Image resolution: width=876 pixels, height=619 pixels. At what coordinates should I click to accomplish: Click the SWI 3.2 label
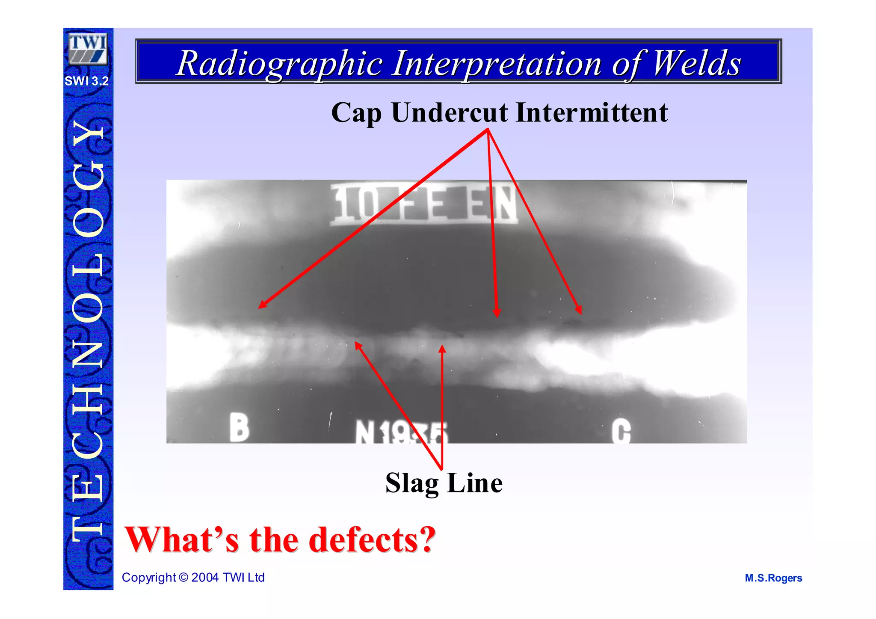87,81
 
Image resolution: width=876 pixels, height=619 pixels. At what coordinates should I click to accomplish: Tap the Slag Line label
444,483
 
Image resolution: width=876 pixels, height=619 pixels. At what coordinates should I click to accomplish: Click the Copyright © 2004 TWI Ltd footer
193,578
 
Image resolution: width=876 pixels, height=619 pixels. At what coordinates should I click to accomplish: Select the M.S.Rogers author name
773,578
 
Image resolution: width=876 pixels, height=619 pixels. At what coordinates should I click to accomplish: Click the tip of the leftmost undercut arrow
259,308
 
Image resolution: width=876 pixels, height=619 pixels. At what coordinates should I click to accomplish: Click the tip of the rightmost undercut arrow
580,313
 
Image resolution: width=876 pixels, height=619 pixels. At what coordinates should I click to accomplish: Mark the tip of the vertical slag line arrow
442,346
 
